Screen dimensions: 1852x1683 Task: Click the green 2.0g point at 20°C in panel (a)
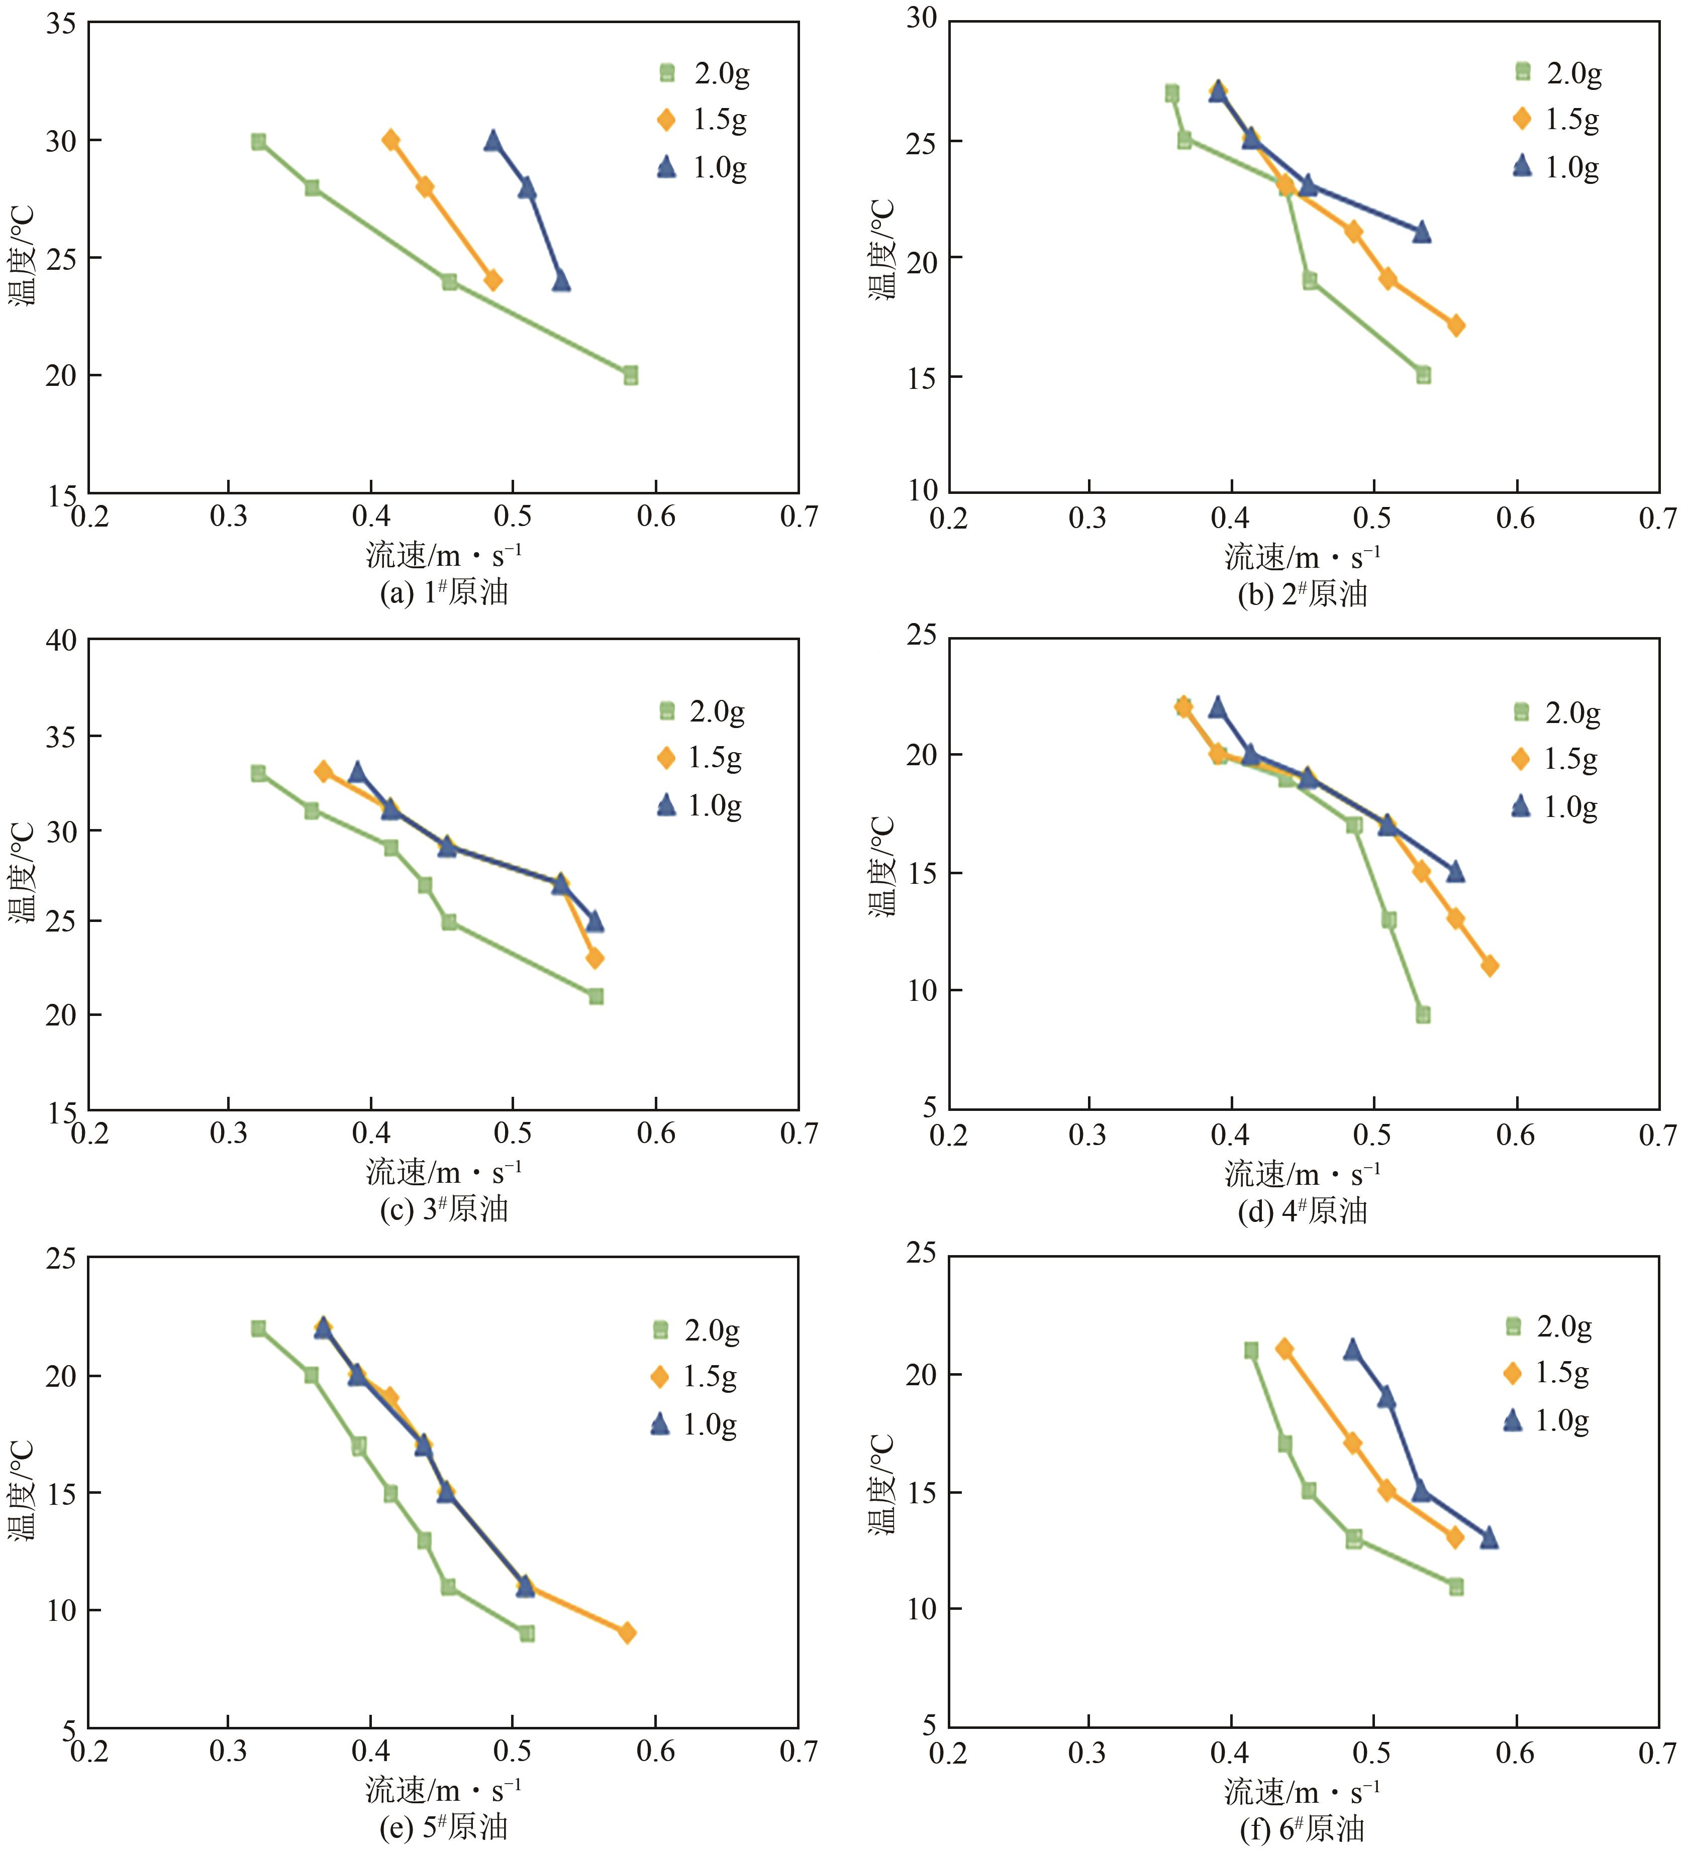tap(630, 376)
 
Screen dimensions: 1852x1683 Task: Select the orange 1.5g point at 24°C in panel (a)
tap(493, 280)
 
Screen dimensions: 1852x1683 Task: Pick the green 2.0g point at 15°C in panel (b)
tap(1423, 375)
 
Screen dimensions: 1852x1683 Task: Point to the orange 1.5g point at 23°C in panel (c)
tap(596, 958)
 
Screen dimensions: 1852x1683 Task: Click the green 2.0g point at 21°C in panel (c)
tap(596, 997)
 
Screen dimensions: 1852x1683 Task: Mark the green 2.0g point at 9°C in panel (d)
tap(1423, 1014)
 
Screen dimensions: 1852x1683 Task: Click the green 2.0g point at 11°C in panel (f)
tap(1456, 1587)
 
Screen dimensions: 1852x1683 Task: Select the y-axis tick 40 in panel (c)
tap(61, 640)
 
